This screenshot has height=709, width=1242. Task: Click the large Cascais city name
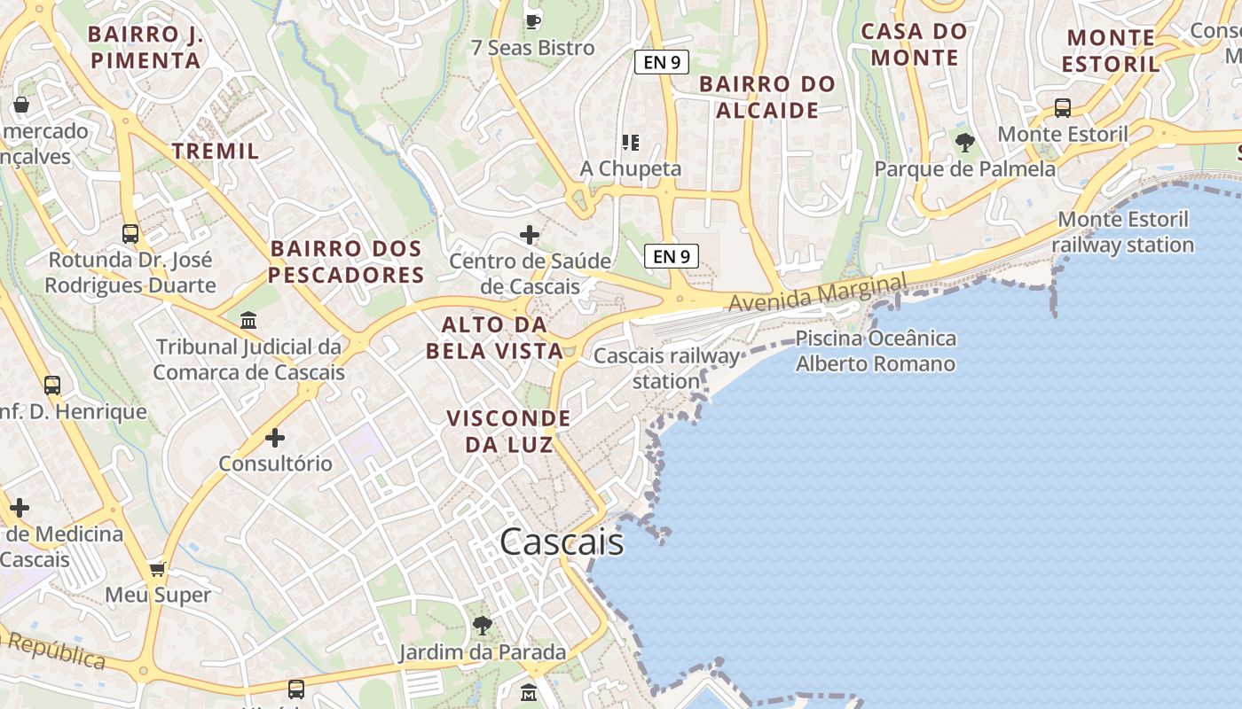[562, 541]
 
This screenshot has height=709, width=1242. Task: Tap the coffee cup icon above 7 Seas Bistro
[532, 20]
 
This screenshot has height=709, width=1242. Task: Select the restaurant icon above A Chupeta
[631, 142]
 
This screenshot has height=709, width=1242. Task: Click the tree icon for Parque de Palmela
[964, 142]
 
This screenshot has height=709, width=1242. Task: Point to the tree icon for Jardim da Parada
[482, 626]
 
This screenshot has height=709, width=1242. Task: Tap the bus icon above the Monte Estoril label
[1062, 108]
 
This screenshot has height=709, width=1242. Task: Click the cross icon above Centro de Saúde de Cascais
[530, 235]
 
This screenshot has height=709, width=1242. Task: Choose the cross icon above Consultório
[275, 437]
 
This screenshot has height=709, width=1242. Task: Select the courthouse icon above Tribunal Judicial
[248, 320]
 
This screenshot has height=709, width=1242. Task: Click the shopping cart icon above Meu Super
[158, 569]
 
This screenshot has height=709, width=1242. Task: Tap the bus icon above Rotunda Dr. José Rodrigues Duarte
[130, 234]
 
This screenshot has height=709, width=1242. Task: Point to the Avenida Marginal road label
[818, 292]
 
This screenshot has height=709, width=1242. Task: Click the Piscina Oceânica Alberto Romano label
[876, 351]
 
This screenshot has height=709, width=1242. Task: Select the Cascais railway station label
[666, 369]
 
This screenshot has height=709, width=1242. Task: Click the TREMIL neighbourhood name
[216, 151]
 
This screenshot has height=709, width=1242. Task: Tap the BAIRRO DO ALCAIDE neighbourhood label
[767, 97]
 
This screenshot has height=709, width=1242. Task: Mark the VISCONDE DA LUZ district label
[508, 431]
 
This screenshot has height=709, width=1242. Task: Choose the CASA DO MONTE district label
[915, 44]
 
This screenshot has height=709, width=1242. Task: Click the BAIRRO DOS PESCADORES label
[347, 261]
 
